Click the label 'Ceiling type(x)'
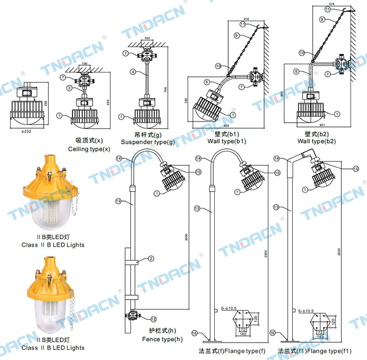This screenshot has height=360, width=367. (89, 149)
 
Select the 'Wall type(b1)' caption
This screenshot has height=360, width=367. (227, 142)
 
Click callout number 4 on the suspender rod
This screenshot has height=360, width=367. (133, 72)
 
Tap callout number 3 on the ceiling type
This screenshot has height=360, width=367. (68, 88)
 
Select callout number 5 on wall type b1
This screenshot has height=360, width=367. (206, 82)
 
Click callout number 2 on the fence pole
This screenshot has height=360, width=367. (150, 259)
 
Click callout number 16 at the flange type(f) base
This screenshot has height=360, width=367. (197, 333)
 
